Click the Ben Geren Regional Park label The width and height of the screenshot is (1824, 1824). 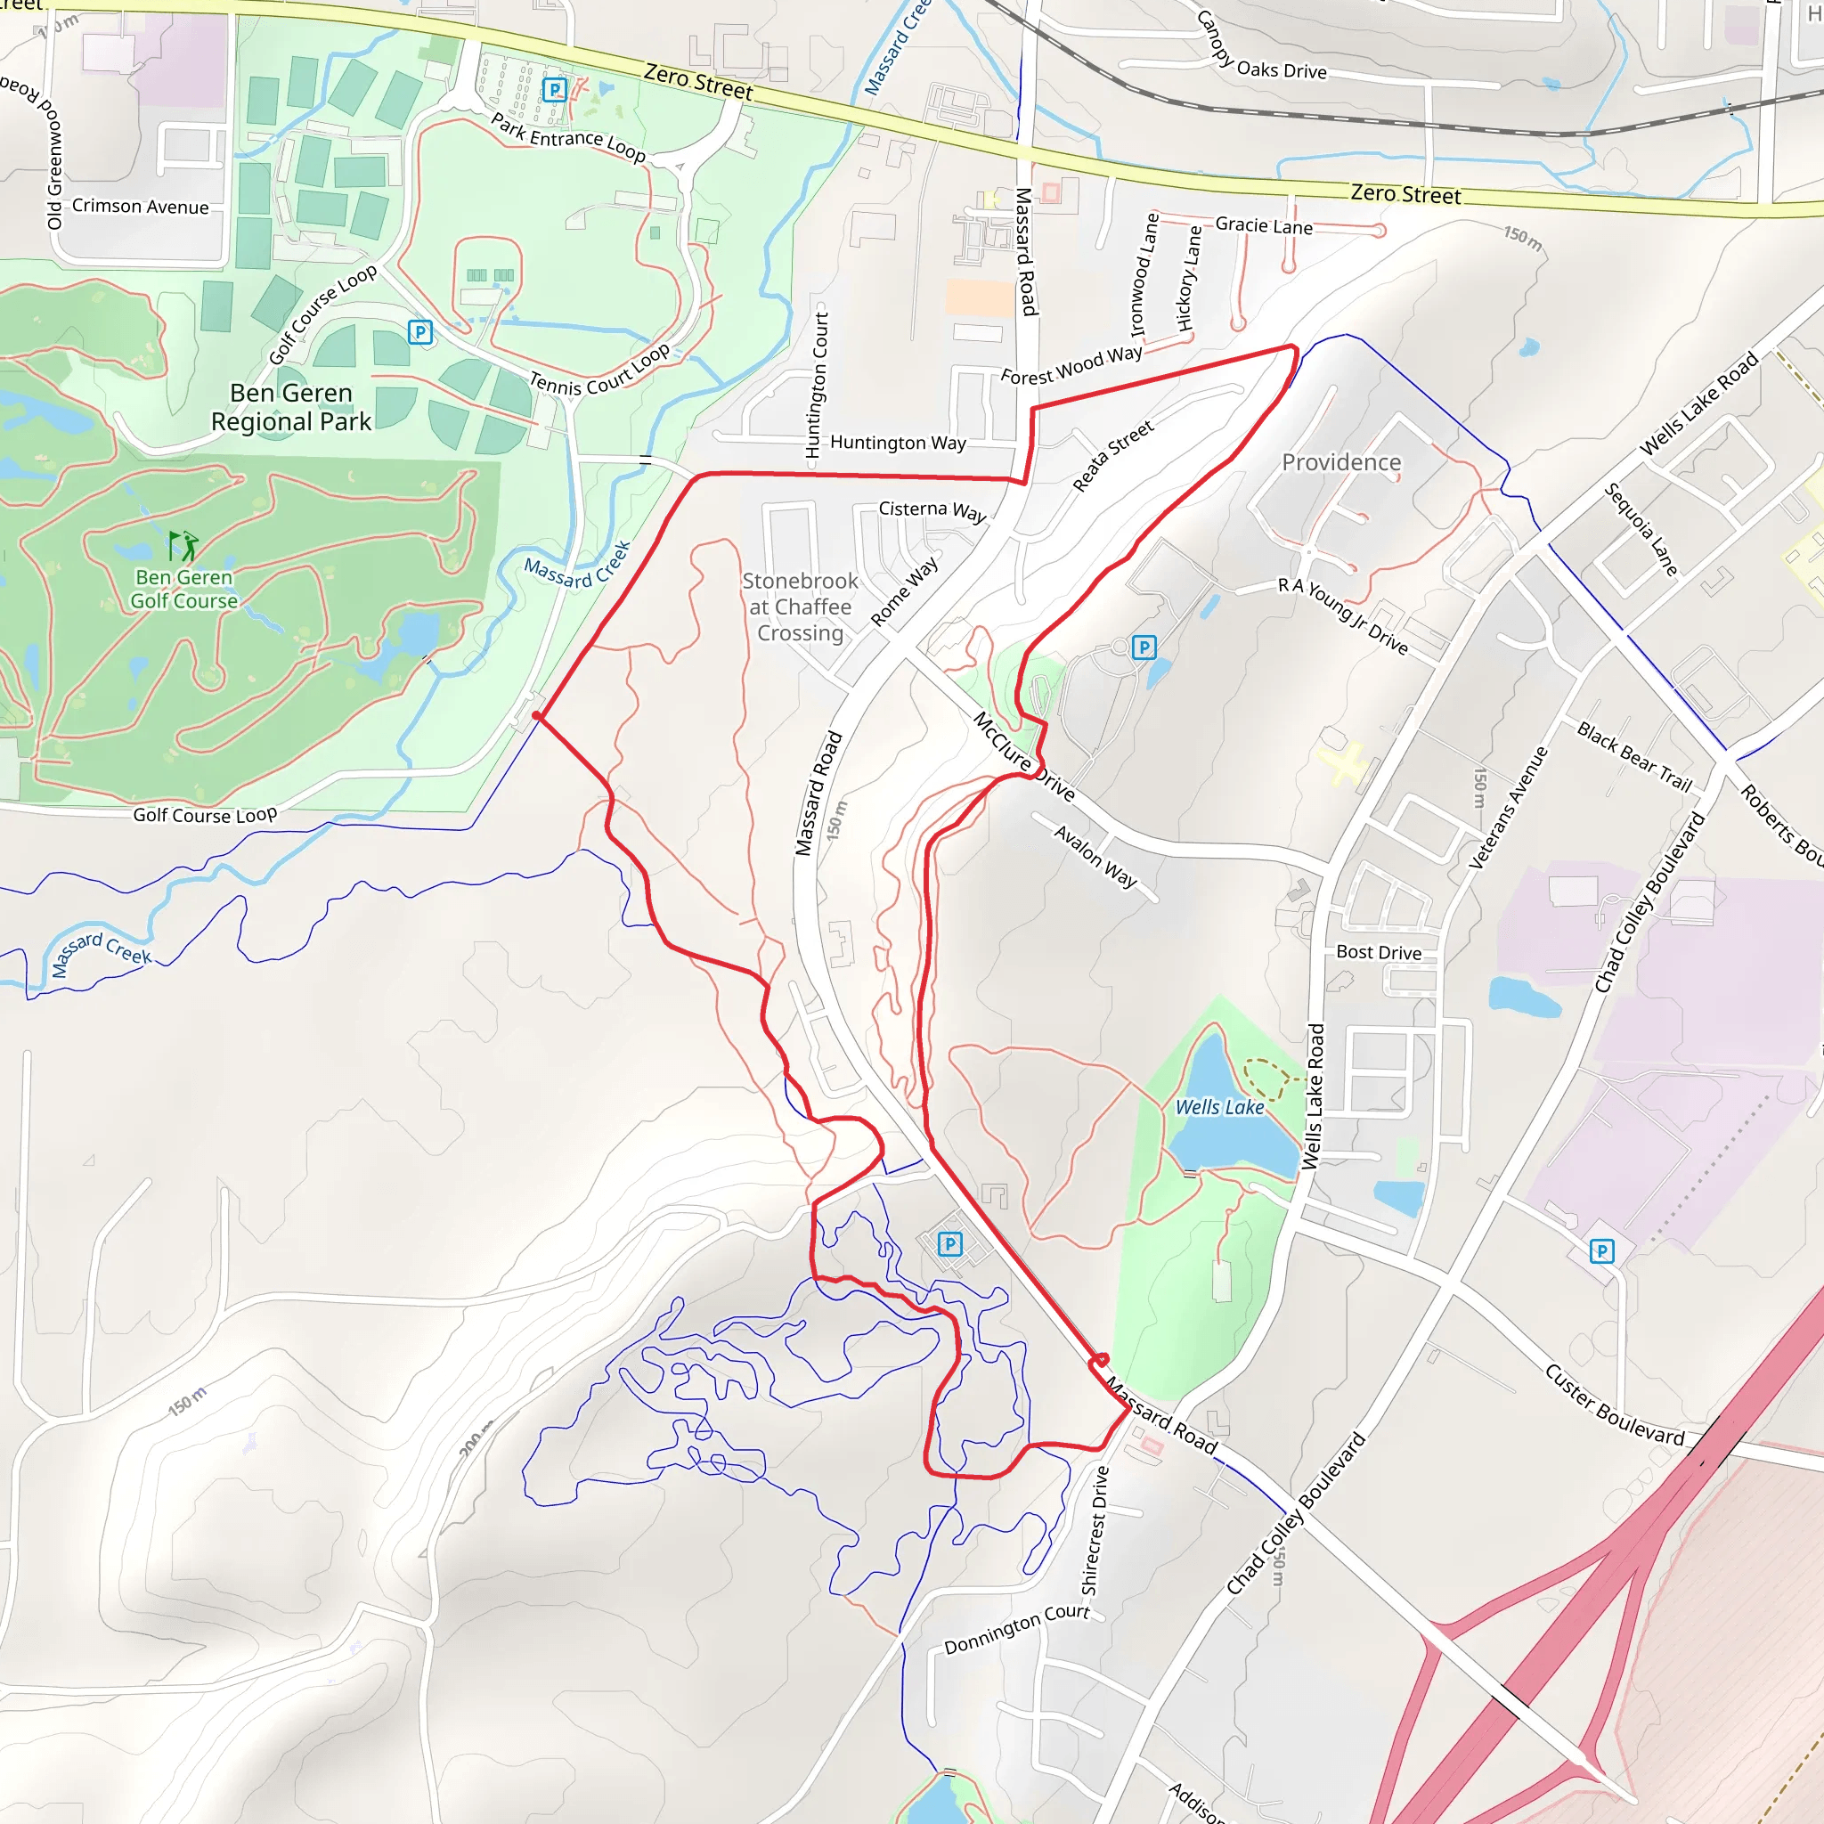click(x=290, y=407)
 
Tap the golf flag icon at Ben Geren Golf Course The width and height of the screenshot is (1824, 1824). click(x=183, y=546)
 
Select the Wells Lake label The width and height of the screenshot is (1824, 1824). click(x=1219, y=1106)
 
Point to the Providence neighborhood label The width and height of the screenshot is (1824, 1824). click(x=1340, y=462)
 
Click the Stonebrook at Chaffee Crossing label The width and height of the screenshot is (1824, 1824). click(x=800, y=607)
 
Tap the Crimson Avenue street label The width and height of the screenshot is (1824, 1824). click(x=140, y=206)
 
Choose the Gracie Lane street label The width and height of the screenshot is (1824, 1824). click(x=1263, y=225)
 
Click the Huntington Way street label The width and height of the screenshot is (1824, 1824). click(x=898, y=443)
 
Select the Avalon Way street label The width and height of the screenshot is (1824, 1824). click(x=1095, y=856)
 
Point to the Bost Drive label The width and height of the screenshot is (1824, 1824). click(x=1379, y=953)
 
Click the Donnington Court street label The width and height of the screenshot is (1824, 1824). click(x=1017, y=1629)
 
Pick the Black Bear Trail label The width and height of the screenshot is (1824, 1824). click(x=1634, y=755)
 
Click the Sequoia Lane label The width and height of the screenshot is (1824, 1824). click(x=1641, y=529)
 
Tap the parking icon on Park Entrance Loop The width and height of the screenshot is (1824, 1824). click(x=554, y=90)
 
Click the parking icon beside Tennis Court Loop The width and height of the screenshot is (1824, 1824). click(x=420, y=331)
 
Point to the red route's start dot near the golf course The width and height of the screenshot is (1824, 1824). click(x=536, y=716)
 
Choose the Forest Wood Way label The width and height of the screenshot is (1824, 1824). click(x=1071, y=365)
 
